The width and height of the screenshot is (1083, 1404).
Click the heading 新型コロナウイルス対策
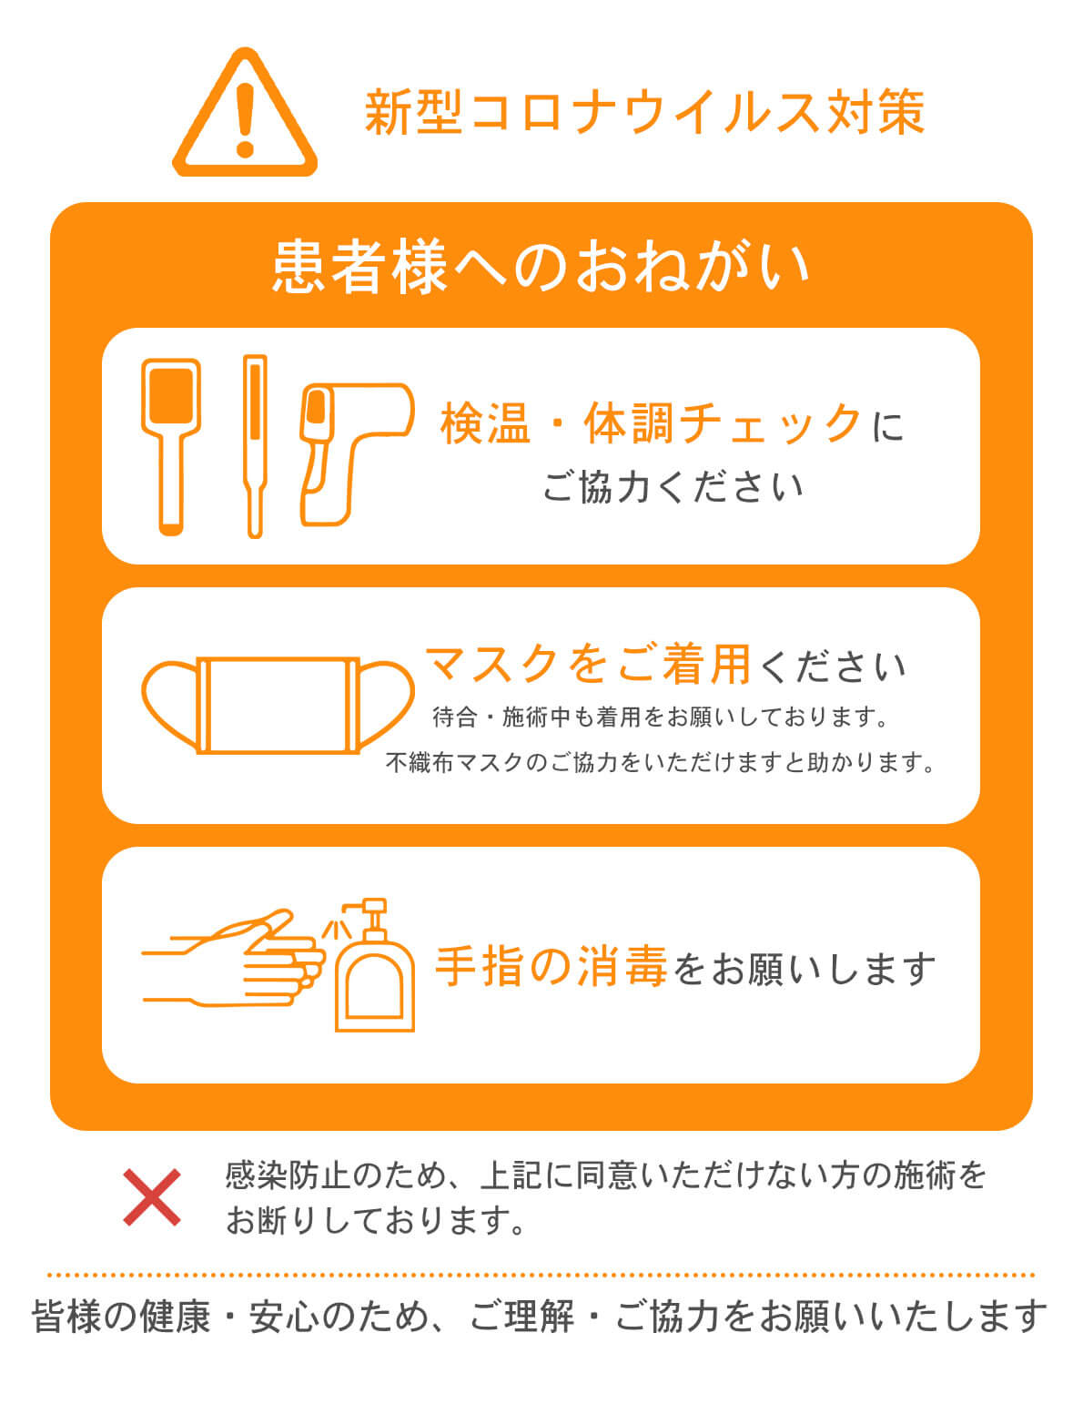click(x=644, y=113)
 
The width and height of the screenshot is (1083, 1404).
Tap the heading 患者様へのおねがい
click(x=541, y=267)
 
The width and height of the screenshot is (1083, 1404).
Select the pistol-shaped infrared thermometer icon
click(x=350, y=450)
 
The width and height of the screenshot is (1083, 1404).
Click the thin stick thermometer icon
click(x=255, y=445)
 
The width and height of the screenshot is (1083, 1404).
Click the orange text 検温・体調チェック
click(x=651, y=423)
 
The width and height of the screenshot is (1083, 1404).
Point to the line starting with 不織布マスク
click(x=661, y=762)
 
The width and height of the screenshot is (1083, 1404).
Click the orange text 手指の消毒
click(x=552, y=967)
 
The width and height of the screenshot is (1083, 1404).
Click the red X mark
click(x=152, y=1197)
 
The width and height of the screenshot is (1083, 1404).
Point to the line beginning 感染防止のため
click(x=606, y=1175)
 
